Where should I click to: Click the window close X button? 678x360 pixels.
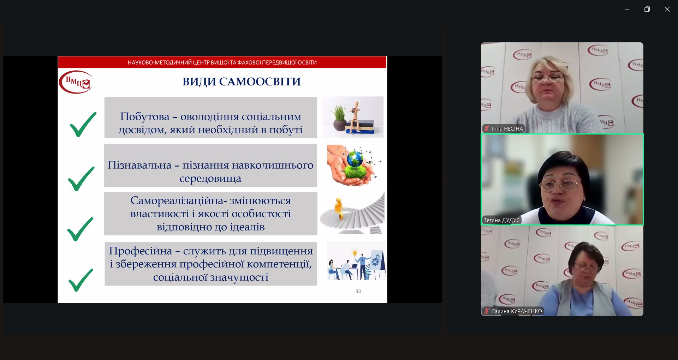[x=667, y=9]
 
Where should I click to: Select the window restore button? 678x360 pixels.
[x=647, y=9]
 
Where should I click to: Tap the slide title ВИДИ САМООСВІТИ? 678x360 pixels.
[x=242, y=82]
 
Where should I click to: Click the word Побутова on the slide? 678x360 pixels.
[x=145, y=116]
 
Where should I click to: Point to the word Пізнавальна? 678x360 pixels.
[x=139, y=165]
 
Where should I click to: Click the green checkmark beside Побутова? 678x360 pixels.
[x=83, y=124]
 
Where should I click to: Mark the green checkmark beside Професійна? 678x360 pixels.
[x=81, y=280]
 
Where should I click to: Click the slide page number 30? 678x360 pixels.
[x=358, y=291]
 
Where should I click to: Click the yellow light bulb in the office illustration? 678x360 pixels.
[x=355, y=252]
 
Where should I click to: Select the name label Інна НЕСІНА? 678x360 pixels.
[x=507, y=129]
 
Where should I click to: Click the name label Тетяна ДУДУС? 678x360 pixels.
[x=502, y=220]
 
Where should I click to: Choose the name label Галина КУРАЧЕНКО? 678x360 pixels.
[x=517, y=311]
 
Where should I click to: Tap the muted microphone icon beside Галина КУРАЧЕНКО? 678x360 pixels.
[x=487, y=311]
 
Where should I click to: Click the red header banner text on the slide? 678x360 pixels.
[x=222, y=62]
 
